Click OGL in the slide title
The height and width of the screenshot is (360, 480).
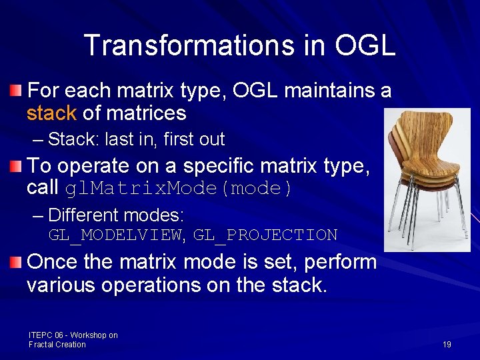click(365, 45)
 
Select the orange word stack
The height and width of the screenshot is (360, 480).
click(51, 113)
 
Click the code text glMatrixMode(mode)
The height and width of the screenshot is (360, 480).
click(179, 189)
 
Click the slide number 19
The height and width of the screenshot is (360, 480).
click(447, 344)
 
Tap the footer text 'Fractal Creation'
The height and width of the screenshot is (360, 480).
click(57, 345)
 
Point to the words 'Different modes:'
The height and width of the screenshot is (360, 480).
click(116, 215)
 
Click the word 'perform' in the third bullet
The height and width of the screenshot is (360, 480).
click(340, 261)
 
